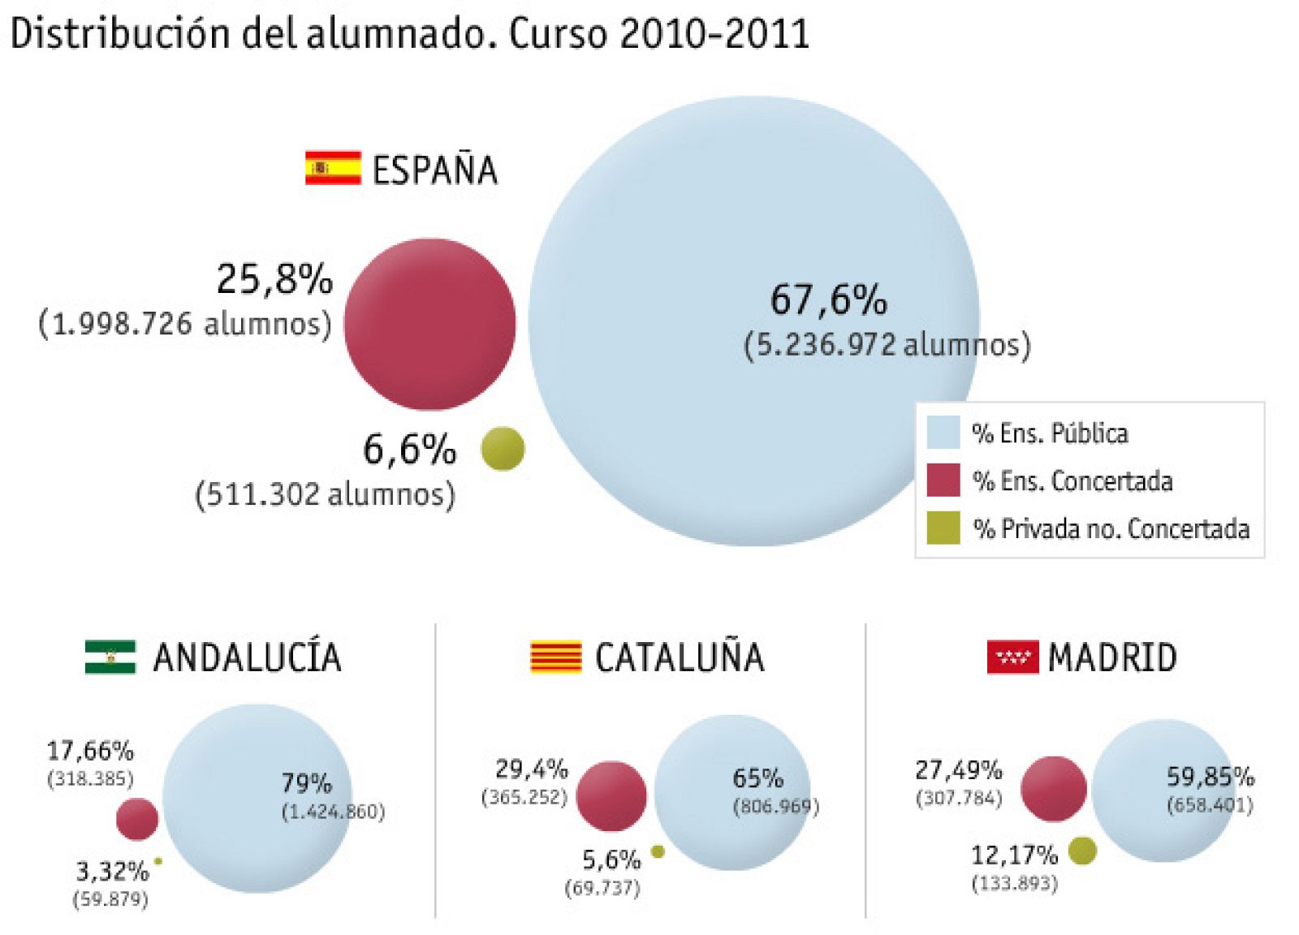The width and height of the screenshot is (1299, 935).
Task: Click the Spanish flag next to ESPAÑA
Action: point(333,168)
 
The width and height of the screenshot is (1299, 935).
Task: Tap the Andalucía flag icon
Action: point(110,657)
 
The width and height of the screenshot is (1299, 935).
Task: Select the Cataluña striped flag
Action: point(556,657)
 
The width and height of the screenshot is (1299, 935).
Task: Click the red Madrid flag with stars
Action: point(1012,657)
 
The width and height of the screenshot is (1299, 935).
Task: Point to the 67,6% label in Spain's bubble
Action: point(828,299)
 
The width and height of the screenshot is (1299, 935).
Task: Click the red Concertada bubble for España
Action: point(429,324)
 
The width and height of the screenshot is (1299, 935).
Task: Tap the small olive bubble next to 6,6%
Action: point(503,449)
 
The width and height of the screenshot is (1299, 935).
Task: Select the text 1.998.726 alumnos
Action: point(185,324)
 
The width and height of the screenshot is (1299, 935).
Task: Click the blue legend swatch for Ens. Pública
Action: point(943,433)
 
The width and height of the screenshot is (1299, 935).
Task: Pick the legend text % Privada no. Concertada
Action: point(1111,529)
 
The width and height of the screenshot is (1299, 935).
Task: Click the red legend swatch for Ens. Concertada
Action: point(943,480)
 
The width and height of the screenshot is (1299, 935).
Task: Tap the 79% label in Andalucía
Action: point(306,783)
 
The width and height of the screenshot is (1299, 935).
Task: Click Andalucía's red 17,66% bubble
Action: point(136,819)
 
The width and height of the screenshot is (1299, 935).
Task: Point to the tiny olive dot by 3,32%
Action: point(158,861)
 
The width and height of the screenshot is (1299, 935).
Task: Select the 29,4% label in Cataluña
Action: point(532,769)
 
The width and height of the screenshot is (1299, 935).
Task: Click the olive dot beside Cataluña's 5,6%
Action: point(658,851)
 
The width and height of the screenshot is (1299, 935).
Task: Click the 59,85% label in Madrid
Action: point(1210,777)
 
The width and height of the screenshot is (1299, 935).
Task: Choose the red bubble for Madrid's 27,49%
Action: point(1053,789)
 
